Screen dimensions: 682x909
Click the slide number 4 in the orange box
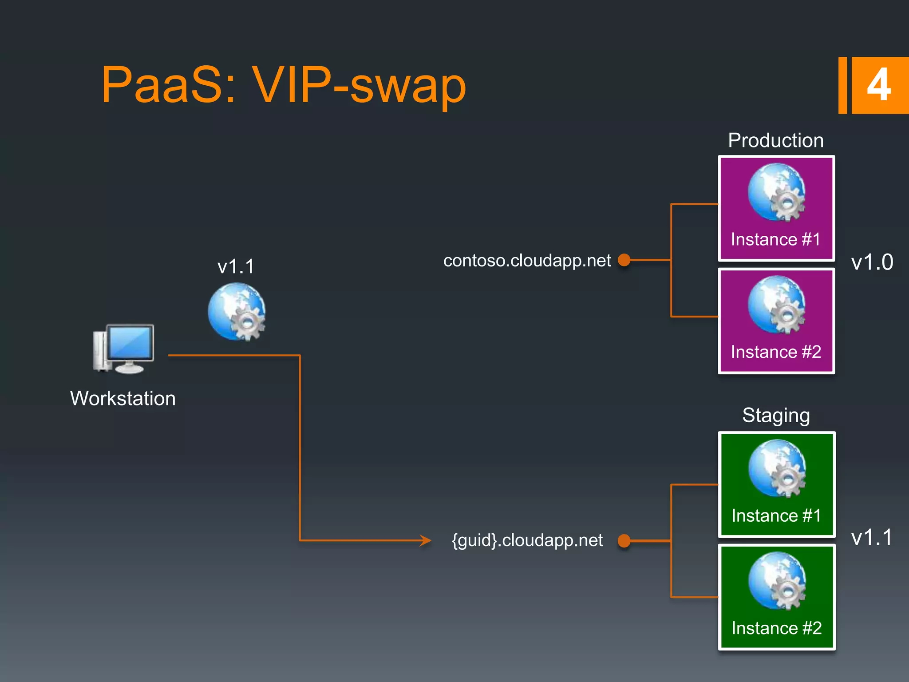pos(878,85)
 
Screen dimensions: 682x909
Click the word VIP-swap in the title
pos(359,85)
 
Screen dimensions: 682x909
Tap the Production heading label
pos(775,140)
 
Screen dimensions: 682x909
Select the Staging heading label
pos(776,416)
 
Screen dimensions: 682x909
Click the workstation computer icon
pos(124,349)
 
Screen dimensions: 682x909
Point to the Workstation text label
pos(123,398)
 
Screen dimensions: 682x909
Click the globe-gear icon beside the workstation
pos(237,312)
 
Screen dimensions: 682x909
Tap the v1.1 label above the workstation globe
pos(236,266)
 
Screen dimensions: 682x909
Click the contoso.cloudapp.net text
pos(527,261)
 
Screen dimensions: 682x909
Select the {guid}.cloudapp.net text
pos(527,540)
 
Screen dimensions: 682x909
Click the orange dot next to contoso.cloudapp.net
pos(624,260)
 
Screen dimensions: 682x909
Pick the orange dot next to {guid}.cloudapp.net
pos(624,540)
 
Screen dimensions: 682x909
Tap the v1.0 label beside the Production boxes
pos(872,262)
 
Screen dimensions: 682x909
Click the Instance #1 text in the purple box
pos(775,239)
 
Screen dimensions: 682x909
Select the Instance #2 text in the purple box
pos(776,352)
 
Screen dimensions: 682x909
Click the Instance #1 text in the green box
pos(776,515)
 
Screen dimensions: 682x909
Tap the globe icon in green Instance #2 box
pos(777,581)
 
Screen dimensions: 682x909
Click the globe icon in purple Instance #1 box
pos(776,192)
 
